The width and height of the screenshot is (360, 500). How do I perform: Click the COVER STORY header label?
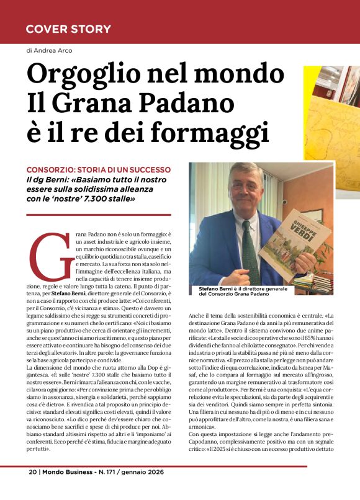click(x=68, y=29)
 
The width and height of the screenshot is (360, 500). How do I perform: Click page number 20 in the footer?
click(x=33, y=488)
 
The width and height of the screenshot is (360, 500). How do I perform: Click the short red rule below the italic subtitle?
click(x=99, y=215)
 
